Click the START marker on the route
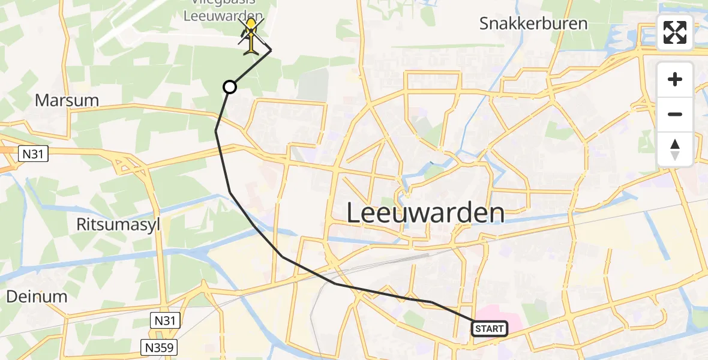(x=490, y=328)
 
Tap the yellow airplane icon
(x=251, y=36)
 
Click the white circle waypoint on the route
(x=229, y=88)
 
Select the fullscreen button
(x=675, y=32)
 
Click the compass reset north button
(x=675, y=149)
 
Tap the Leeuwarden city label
(x=425, y=213)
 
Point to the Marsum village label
(x=67, y=100)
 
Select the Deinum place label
(x=37, y=296)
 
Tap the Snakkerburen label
(x=533, y=24)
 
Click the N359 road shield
(x=160, y=347)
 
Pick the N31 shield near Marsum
(x=32, y=154)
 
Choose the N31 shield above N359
(x=164, y=321)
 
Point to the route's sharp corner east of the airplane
(x=271, y=50)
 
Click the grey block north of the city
(x=314, y=85)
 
